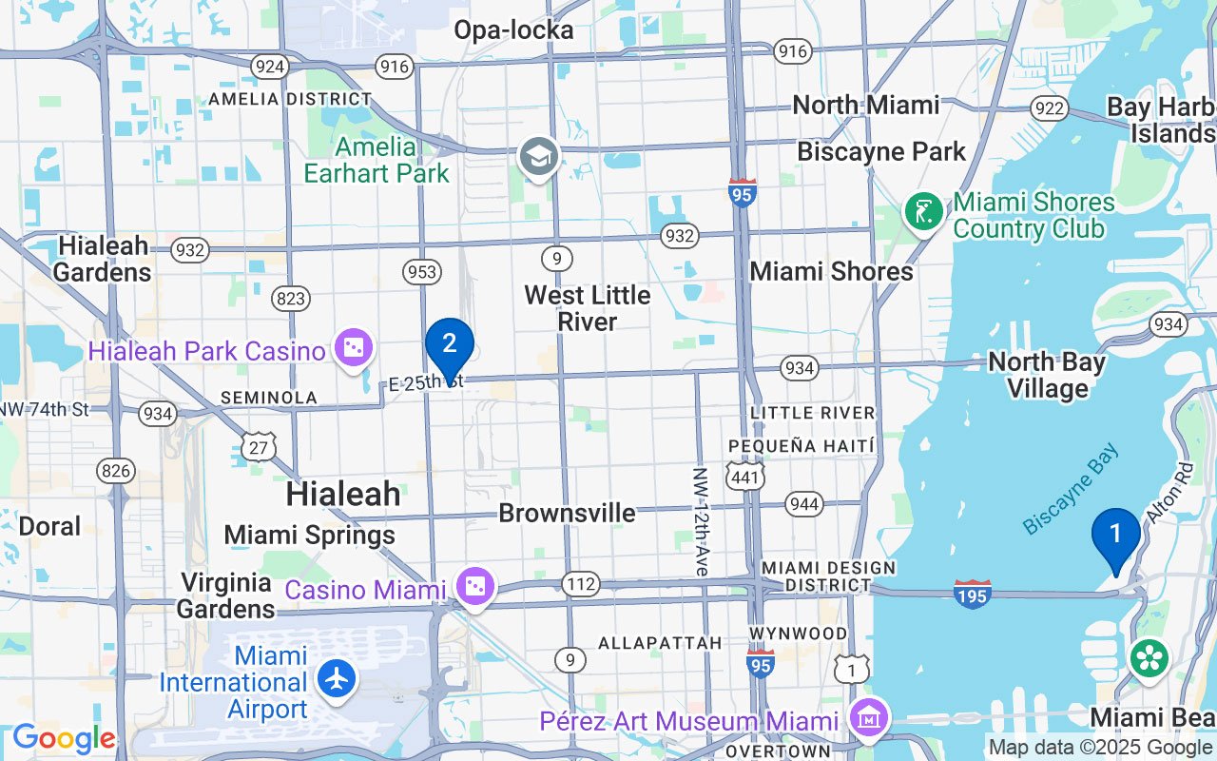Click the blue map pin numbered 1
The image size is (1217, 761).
(x=1115, y=536)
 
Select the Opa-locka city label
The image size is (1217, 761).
(x=513, y=30)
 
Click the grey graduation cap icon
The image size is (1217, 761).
(x=538, y=157)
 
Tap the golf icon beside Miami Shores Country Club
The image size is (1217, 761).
(x=923, y=211)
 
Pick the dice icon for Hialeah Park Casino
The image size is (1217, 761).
(x=354, y=349)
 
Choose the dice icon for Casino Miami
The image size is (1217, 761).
(x=473, y=587)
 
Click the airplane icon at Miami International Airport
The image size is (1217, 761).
(x=338, y=679)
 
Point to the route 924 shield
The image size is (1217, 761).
(x=270, y=66)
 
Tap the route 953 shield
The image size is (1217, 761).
(x=422, y=272)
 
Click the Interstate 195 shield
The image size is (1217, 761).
(x=973, y=594)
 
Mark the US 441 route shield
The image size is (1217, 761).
(x=744, y=476)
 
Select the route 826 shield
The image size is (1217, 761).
(x=115, y=470)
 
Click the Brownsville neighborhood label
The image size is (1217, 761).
(x=567, y=514)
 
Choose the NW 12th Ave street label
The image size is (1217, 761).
(x=701, y=521)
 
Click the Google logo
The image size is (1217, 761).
(x=63, y=739)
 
